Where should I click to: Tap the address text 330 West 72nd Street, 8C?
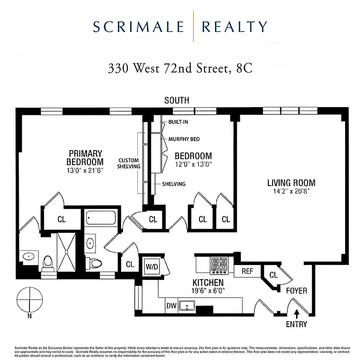pos(180,69)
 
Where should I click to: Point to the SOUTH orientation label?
pos(176,100)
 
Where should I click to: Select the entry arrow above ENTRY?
pos(297,313)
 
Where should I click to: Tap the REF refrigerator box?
pos(247,271)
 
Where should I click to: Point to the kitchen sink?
pos(187,306)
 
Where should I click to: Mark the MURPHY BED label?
pos(184,139)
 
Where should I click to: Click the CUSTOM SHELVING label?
pos(129,163)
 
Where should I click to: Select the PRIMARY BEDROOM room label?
pos(85,157)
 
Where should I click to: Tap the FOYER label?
pos(296,290)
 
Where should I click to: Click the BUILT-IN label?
pos(178,123)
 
